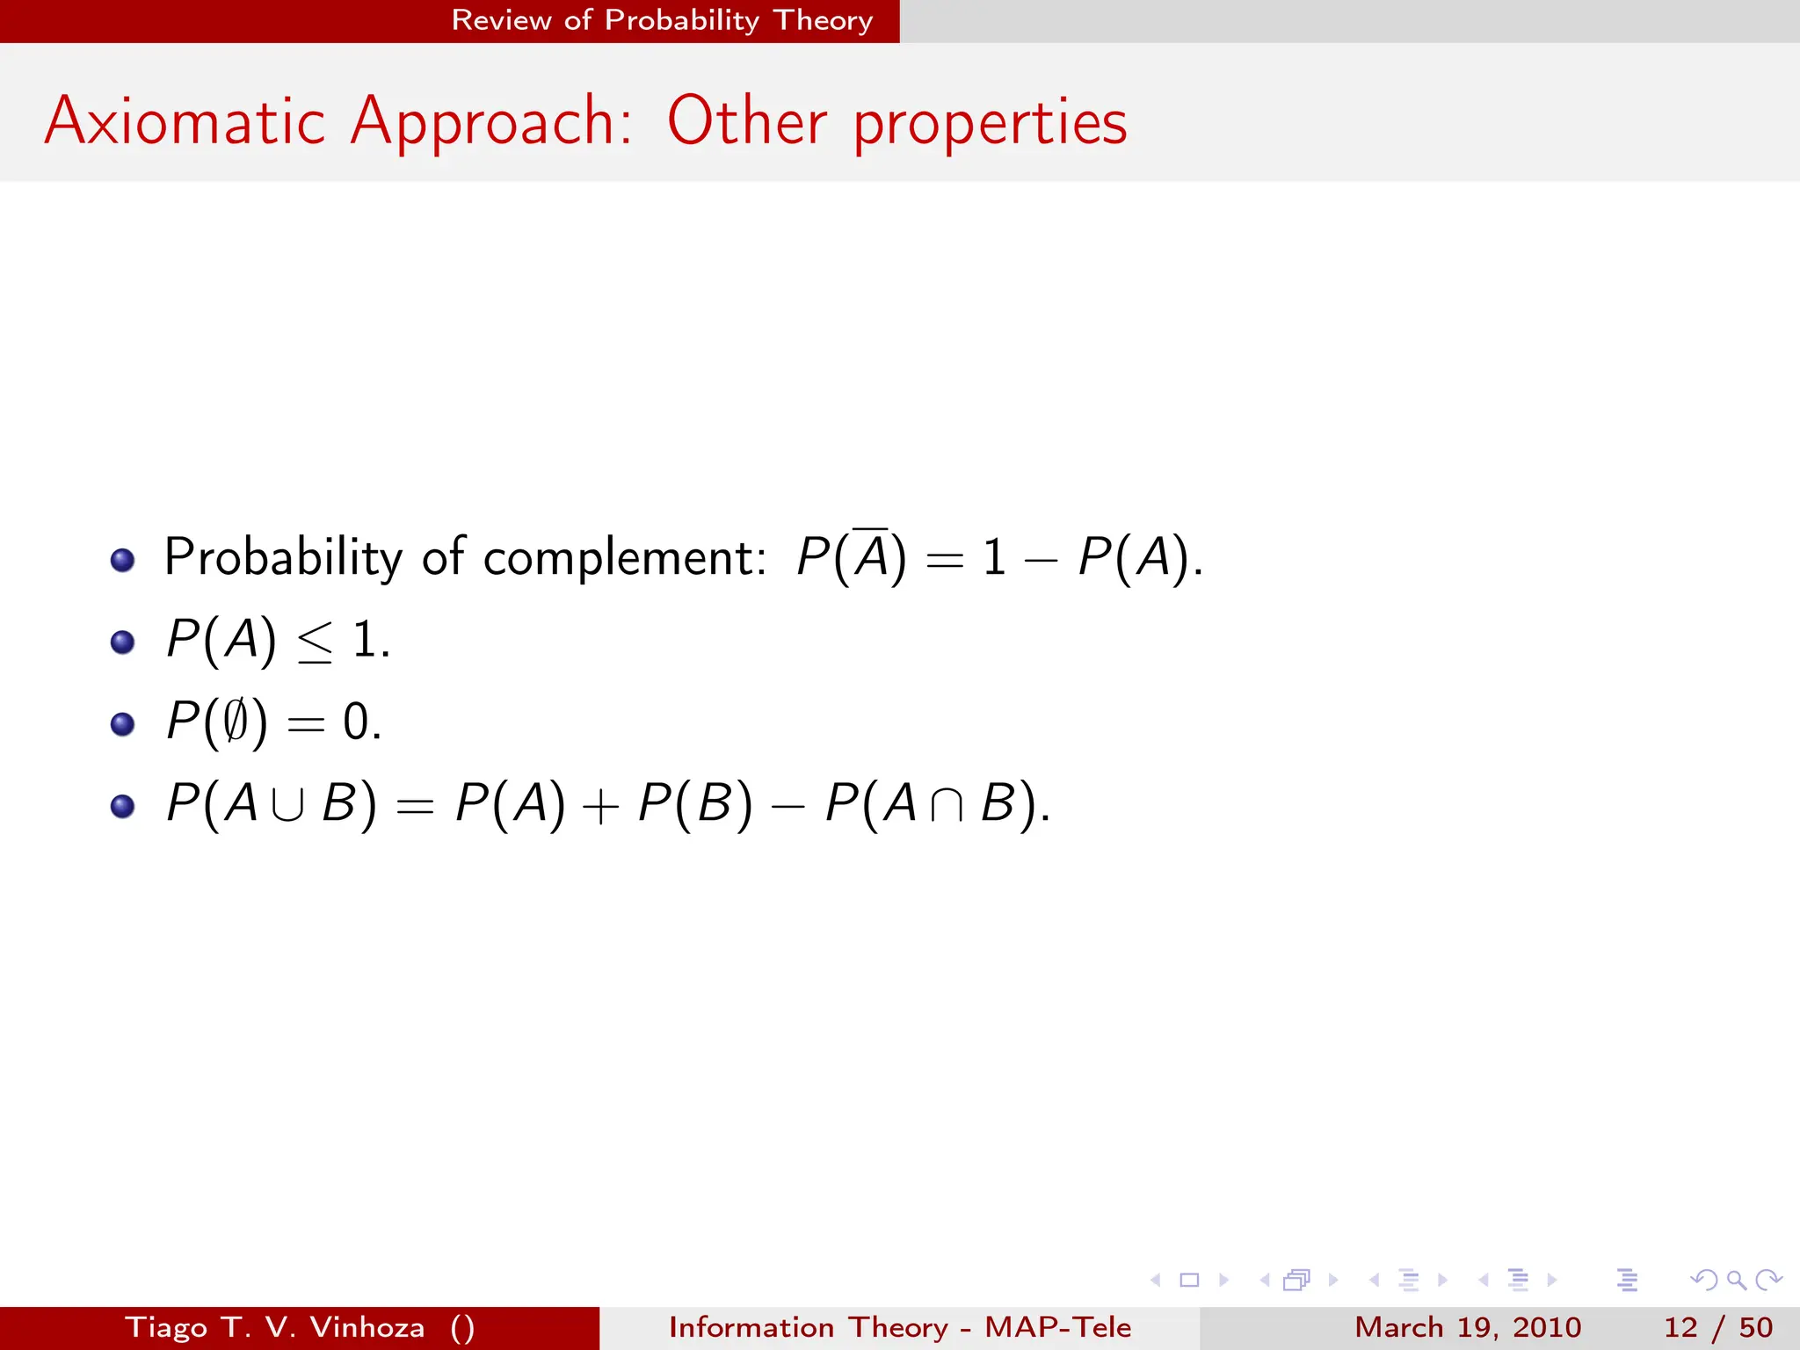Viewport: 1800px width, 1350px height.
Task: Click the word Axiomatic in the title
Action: point(185,121)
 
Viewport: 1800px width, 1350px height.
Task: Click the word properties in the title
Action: point(991,123)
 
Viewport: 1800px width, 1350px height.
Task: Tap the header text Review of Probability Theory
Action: point(662,20)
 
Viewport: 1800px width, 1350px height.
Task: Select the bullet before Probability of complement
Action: point(123,560)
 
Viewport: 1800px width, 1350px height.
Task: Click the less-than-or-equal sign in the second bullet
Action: point(315,642)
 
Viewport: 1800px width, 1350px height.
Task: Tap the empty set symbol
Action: point(235,722)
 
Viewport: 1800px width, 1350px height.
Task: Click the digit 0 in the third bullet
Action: point(356,722)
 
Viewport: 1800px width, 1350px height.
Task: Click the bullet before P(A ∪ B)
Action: point(123,806)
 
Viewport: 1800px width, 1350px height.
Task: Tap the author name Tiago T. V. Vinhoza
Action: point(274,1327)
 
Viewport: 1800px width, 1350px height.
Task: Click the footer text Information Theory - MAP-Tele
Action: point(899,1327)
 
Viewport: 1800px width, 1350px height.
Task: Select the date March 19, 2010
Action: point(1468,1327)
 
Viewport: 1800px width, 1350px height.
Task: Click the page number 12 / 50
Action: point(1717,1327)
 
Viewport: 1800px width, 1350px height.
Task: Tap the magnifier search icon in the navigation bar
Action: point(1735,1280)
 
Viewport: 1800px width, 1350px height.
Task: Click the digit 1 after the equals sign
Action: point(994,558)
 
